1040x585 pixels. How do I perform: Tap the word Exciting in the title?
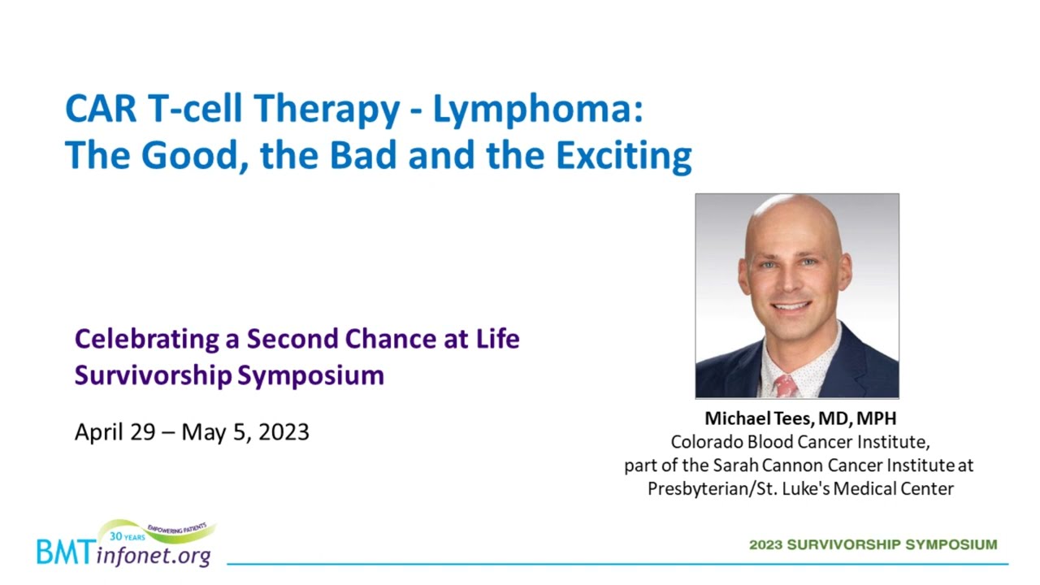coord(623,155)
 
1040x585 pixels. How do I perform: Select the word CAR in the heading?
coord(101,109)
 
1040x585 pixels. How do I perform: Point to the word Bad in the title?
coord(363,154)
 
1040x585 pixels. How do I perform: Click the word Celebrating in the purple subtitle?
coord(147,339)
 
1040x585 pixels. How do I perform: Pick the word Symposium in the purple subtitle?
coord(310,375)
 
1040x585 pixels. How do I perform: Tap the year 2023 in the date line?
coord(284,431)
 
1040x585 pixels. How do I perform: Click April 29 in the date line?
coord(115,432)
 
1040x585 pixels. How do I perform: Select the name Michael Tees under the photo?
coord(759,418)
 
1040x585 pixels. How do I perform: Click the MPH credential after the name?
coord(876,418)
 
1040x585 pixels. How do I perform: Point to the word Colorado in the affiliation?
coord(707,442)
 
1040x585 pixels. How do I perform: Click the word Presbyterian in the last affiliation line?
coord(700,489)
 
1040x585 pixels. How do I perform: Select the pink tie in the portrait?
coord(786,386)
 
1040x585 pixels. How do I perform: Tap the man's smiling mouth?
coord(791,306)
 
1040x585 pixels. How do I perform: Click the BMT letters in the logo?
coord(66,552)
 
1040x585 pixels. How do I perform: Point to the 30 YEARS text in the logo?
coord(128,537)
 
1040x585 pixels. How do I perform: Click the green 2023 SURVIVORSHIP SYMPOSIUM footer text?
coord(873,544)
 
